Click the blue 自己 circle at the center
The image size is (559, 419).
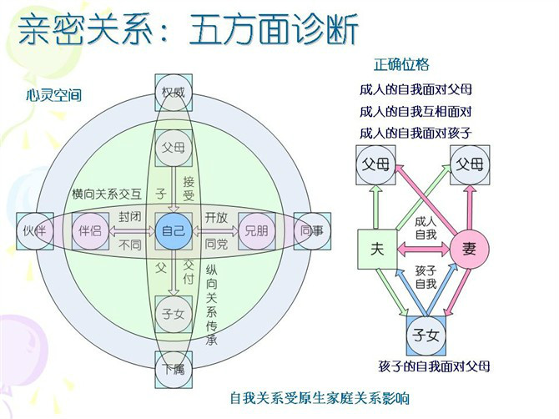coord(174,231)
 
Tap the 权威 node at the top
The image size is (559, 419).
coord(174,93)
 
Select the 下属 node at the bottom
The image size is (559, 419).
coord(174,370)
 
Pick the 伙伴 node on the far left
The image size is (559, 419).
coord(35,231)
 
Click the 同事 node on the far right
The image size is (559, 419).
coord(312,231)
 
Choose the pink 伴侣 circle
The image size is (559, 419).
coord(91,231)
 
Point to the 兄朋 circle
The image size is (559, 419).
coord(257,231)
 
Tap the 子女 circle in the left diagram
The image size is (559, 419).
coord(174,314)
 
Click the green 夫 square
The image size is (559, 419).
coord(377,249)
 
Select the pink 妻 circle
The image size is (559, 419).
coord(470,249)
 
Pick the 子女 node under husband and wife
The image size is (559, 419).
coord(426,336)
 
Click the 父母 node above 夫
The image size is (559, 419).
coord(376,164)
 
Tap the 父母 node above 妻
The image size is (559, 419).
coord(470,164)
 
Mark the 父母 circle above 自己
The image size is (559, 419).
coord(174,148)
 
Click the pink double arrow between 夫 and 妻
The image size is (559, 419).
coord(424,249)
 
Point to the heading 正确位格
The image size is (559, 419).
coord(401,64)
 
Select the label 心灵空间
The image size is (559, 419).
coord(54,95)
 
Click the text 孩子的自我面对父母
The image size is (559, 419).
coord(434,366)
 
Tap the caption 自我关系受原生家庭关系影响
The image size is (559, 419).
coord(320,398)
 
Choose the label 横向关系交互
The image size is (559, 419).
coord(107,194)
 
